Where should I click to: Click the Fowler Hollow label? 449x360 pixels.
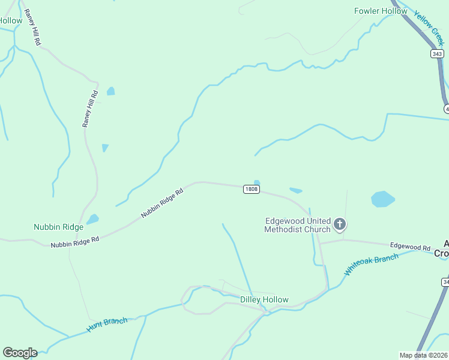point(381,11)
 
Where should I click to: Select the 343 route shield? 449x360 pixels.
point(437,54)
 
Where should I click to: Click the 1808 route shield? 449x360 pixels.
point(252,189)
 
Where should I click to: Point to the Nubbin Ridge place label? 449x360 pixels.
point(58,227)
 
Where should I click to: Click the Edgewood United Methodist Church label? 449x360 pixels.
point(298,225)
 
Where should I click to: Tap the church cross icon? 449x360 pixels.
point(340,225)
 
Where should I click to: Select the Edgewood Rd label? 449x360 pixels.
point(411,247)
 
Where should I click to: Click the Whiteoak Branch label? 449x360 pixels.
point(371,265)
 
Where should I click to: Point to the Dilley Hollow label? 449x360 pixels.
point(264,299)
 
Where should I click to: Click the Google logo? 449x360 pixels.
point(20,353)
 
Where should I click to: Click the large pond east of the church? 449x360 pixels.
point(383,199)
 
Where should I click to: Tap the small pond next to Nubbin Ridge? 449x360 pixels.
point(92,219)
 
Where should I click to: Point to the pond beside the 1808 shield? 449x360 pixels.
point(257,183)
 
